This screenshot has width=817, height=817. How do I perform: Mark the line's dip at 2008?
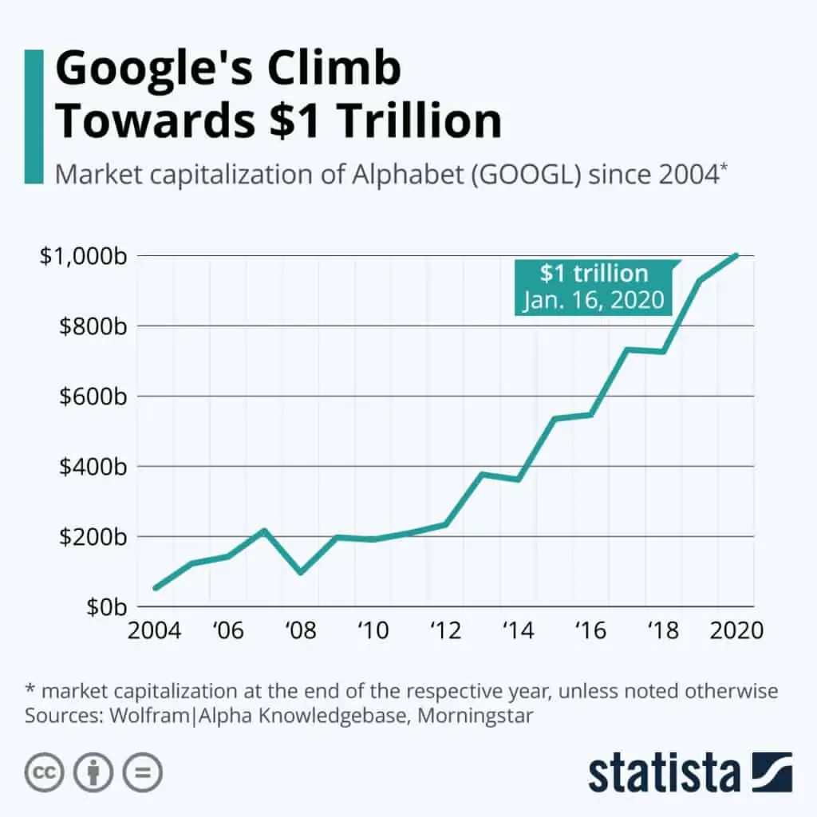coord(301,572)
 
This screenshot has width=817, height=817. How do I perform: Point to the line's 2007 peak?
coord(264,530)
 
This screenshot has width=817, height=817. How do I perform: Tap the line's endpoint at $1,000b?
coord(736,255)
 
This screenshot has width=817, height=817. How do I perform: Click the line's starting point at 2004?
coord(156,588)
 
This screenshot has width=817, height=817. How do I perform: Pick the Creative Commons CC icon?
coord(45,772)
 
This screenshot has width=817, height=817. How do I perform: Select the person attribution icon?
coord(93,772)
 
